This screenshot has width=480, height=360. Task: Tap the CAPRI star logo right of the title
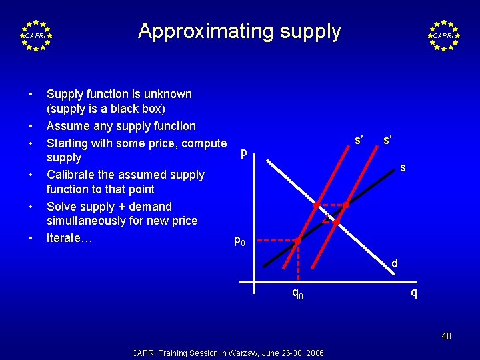(x=443, y=35)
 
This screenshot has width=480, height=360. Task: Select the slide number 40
(x=446, y=336)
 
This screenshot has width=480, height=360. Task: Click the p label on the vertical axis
(x=243, y=153)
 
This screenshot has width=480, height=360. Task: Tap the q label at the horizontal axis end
(x=414, y=292)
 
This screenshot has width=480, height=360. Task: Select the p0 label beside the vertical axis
(x=239, y=240)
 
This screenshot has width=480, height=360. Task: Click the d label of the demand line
(x=395, y=263)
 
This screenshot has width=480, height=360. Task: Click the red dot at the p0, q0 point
(x=298, y=239)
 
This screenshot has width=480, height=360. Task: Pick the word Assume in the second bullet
(x=65, y=126)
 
